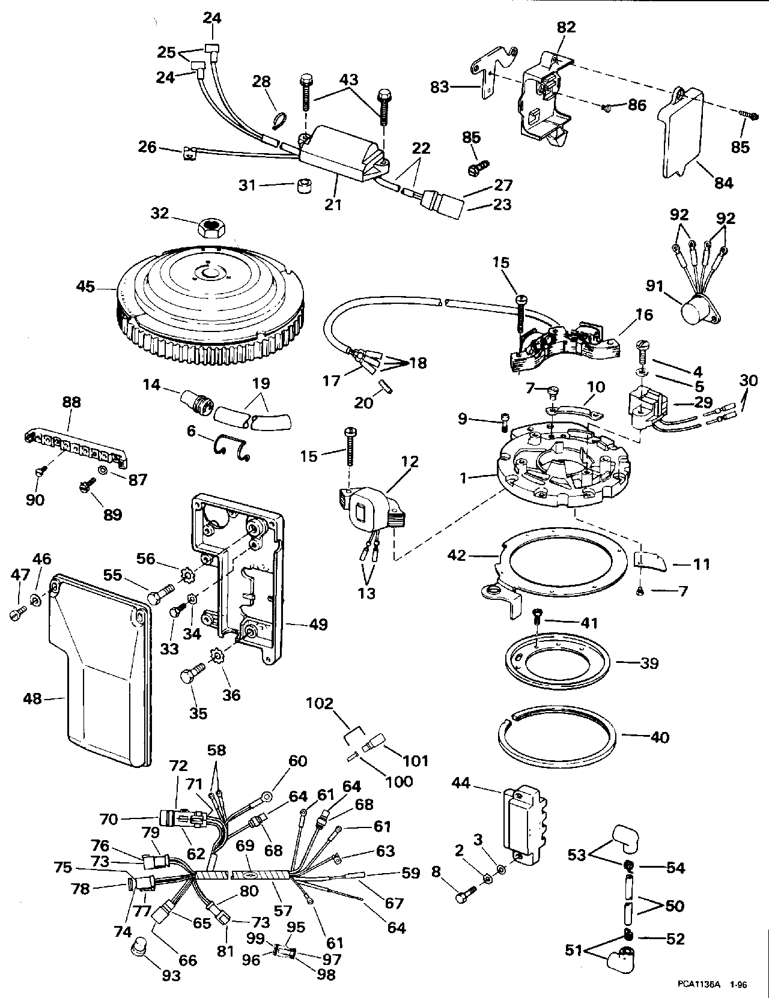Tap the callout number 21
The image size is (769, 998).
(x=333, y=205)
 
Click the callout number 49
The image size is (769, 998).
(x=318, y=625)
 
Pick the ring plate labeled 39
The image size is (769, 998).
(x=556, y=661)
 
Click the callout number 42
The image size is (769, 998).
(x=457, y=555)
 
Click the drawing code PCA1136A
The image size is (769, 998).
(x=698, y=985)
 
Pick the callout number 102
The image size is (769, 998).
(x=320, y=703)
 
